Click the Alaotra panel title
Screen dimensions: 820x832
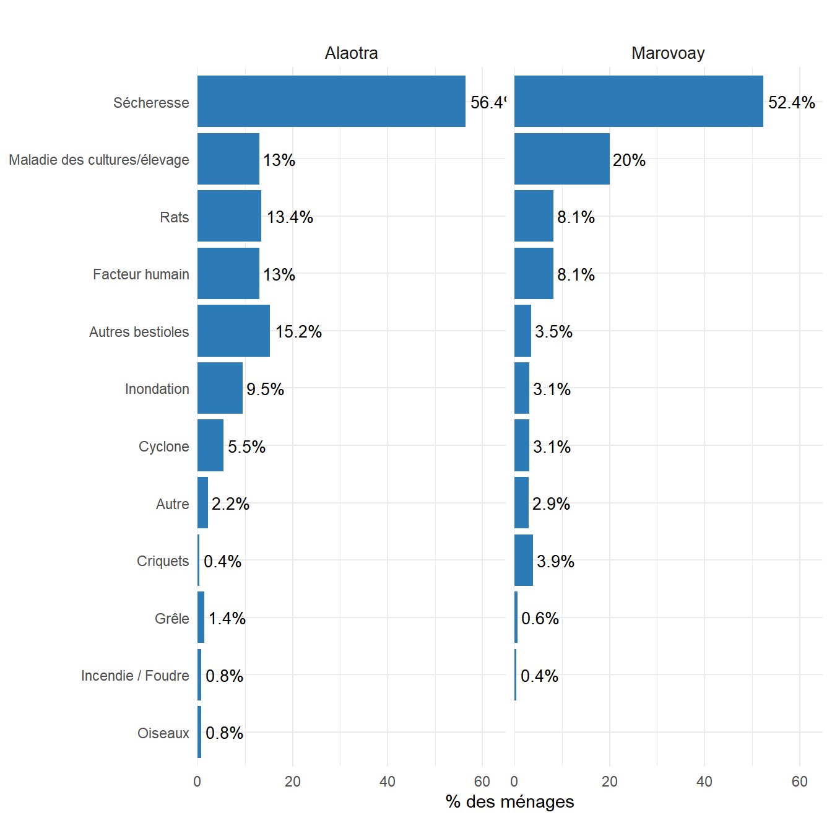click(x=351, y=53)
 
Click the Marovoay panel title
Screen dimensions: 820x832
click(x=668, y=53)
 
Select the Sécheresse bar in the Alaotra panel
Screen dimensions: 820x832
click(x=331, y=102)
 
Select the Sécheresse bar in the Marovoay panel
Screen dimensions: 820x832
click(x=638, y=102)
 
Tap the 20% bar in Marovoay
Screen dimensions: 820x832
click(x=561, y=159)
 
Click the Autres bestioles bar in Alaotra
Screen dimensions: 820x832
click(x=233, y=331)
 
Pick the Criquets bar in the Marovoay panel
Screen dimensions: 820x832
click(x=523, y=560)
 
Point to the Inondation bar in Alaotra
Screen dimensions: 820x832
click(x=220, y=388)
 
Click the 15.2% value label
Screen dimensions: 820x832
click(x=298, y=332)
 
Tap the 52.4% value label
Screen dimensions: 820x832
click(x=791, y=103)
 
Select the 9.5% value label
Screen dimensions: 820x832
click(x=265, y=389)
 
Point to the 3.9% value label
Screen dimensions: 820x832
click(x=555, y=561)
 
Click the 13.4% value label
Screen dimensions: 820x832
click(x=290, y=217)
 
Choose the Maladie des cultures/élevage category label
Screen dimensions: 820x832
click(x=99, y=160)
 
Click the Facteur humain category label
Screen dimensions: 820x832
click(x=141, y=274)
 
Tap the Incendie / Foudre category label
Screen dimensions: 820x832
click(x=135, y=676)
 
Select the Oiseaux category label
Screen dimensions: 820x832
click(x=163, y=733)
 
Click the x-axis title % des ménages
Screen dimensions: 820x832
click(x=509, y=801)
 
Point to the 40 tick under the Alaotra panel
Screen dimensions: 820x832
click(x=388, y=782)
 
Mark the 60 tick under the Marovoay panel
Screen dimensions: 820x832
click(x=799, y=782)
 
